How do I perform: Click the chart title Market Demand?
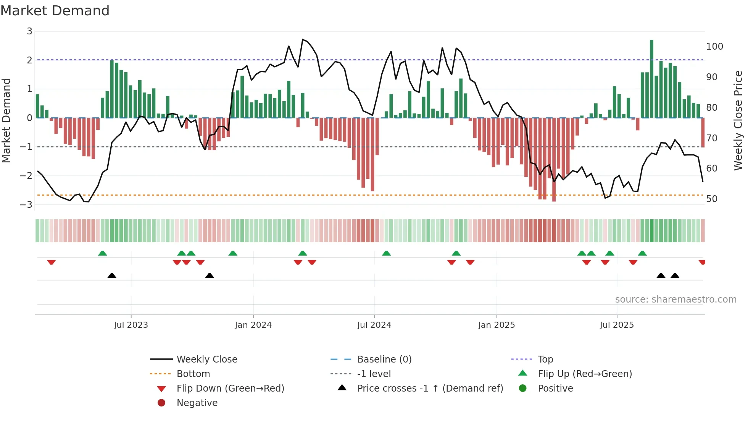(x=55, y=10)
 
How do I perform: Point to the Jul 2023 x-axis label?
(x=131, y=325)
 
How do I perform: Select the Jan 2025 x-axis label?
(x=496, y=325)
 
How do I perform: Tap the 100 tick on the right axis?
(x=714, y=47)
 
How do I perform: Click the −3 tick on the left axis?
(x=26, y=204)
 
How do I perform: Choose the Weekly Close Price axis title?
(x=738, y=120)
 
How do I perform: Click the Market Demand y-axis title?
(x=6, y=120)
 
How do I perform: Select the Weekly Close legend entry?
(x=206, y=359)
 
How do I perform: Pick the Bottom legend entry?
(x=193, y=374)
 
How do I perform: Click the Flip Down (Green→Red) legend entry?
(x=230, y=389)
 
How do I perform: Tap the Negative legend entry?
(x=197, y=403)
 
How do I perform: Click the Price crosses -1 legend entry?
(x=430, y=389)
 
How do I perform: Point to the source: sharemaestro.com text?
(x=675, y=300)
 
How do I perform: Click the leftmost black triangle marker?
(x=112, y=275)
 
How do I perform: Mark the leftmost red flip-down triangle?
(x=52, y=262)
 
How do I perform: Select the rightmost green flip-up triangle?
(x=642, y=253)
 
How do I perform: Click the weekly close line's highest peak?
(x=303, y=39)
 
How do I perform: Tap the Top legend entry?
(x=545, y=359)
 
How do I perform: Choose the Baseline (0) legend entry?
(x=384, y=359)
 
